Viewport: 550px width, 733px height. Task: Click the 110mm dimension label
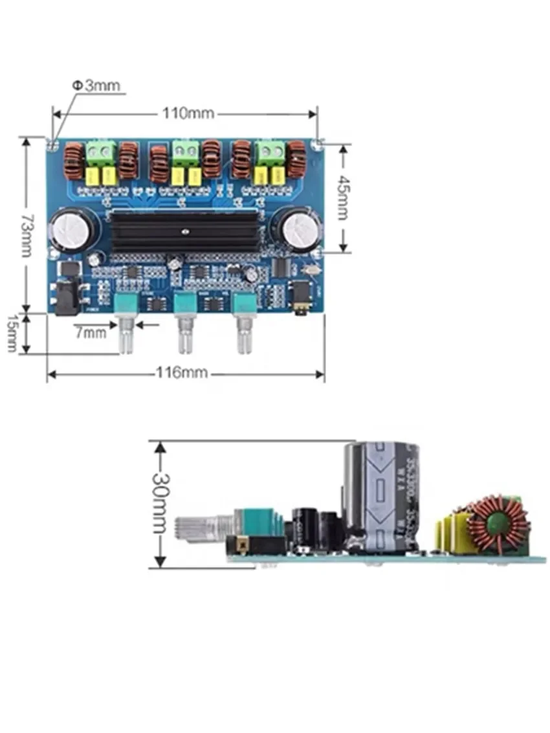pyautogui.click(x=188, y=113)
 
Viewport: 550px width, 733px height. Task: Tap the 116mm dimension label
pyautogui.click(x=182, y=373)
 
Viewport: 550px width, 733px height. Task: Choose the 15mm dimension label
pyautogui.click(x=11, y=333)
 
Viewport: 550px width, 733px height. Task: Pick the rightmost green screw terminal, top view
pyautogui.click(x=270, y=153)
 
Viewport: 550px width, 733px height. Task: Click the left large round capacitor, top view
pyautogui.click(x=74, y=229)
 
